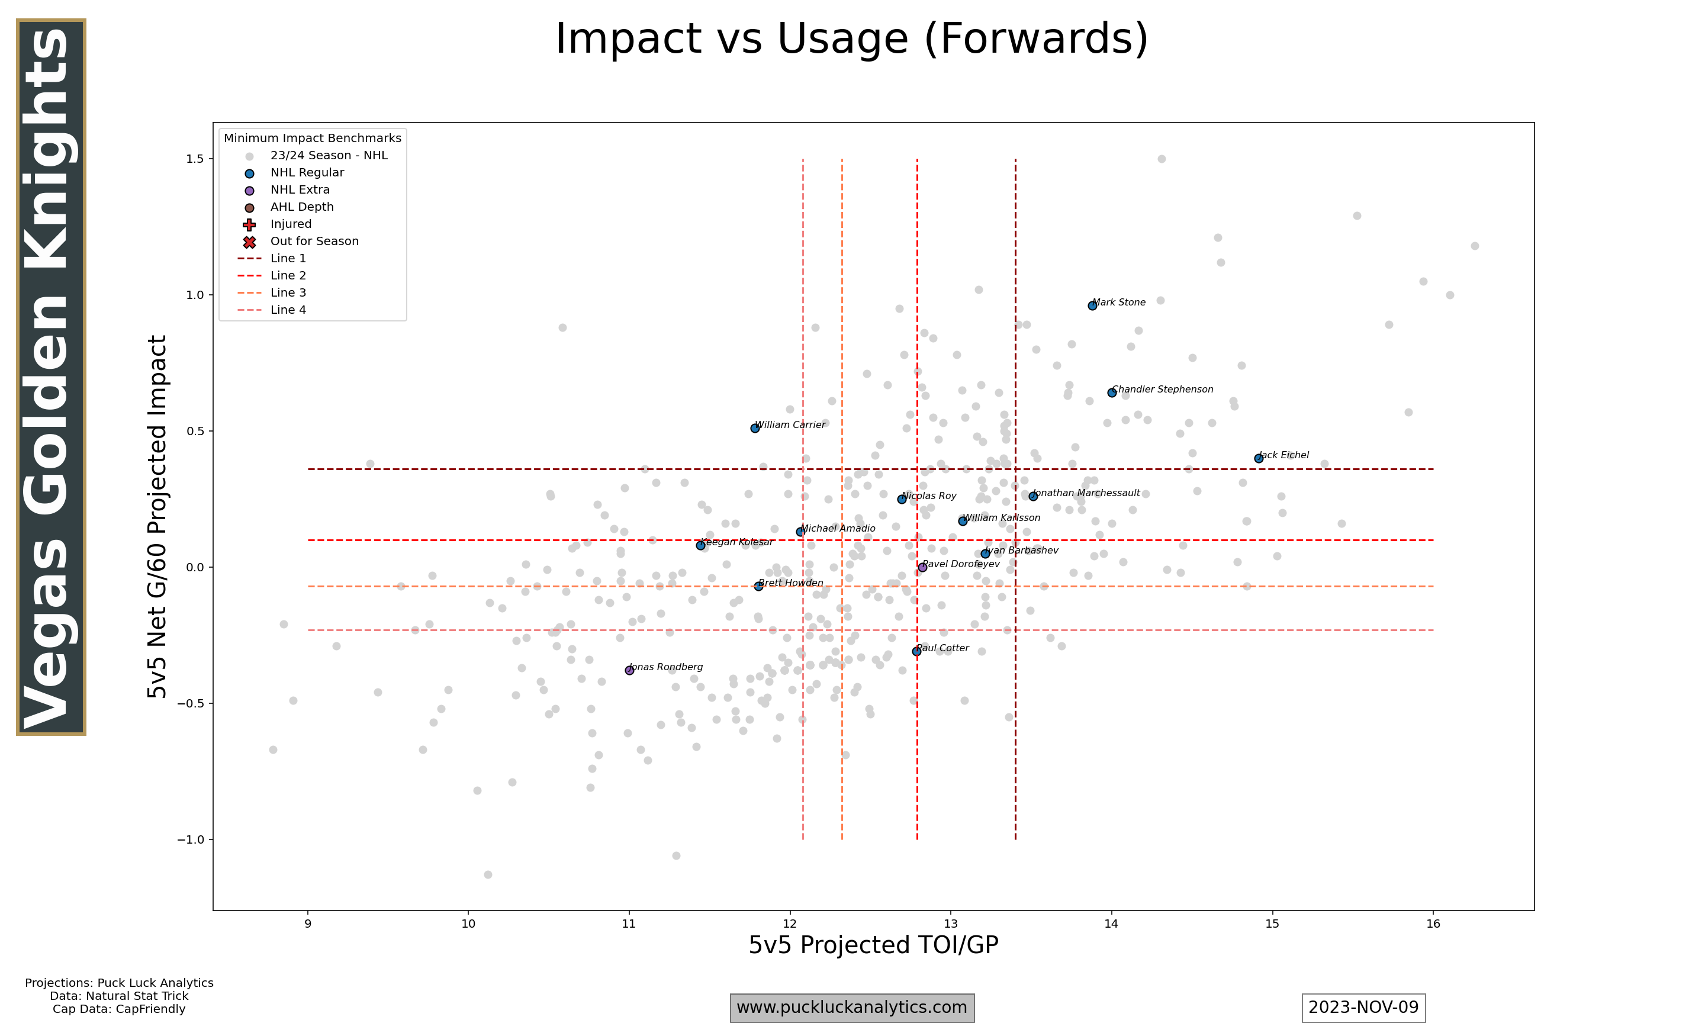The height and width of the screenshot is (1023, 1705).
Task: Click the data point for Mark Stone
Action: point(1092,305)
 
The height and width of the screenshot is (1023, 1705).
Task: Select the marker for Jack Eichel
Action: point(1259,458)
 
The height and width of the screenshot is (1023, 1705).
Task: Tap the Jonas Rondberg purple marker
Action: point(629,670)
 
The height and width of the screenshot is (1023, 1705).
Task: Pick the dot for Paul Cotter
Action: point(916,651)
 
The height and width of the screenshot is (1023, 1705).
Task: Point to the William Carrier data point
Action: point(755,428)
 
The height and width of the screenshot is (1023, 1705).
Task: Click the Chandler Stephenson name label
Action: point(1163,390)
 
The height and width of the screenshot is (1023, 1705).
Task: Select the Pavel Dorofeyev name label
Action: point(961,564)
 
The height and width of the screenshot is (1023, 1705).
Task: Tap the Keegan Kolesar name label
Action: point(736,542)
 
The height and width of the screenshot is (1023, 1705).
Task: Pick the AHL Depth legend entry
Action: point(302,207)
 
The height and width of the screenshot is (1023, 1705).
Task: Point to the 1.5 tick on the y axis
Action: point(195,159)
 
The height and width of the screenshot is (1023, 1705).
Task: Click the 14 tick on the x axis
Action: point(1111,924)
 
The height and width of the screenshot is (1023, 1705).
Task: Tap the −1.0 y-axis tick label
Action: point(190,839)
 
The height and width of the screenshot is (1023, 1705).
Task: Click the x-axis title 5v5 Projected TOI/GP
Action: point(873,945)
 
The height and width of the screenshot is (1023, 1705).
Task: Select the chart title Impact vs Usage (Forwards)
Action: point(852,38)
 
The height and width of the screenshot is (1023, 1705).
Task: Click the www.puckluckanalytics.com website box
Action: point(852,1007)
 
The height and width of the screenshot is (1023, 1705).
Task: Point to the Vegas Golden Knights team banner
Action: point(51,377)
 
